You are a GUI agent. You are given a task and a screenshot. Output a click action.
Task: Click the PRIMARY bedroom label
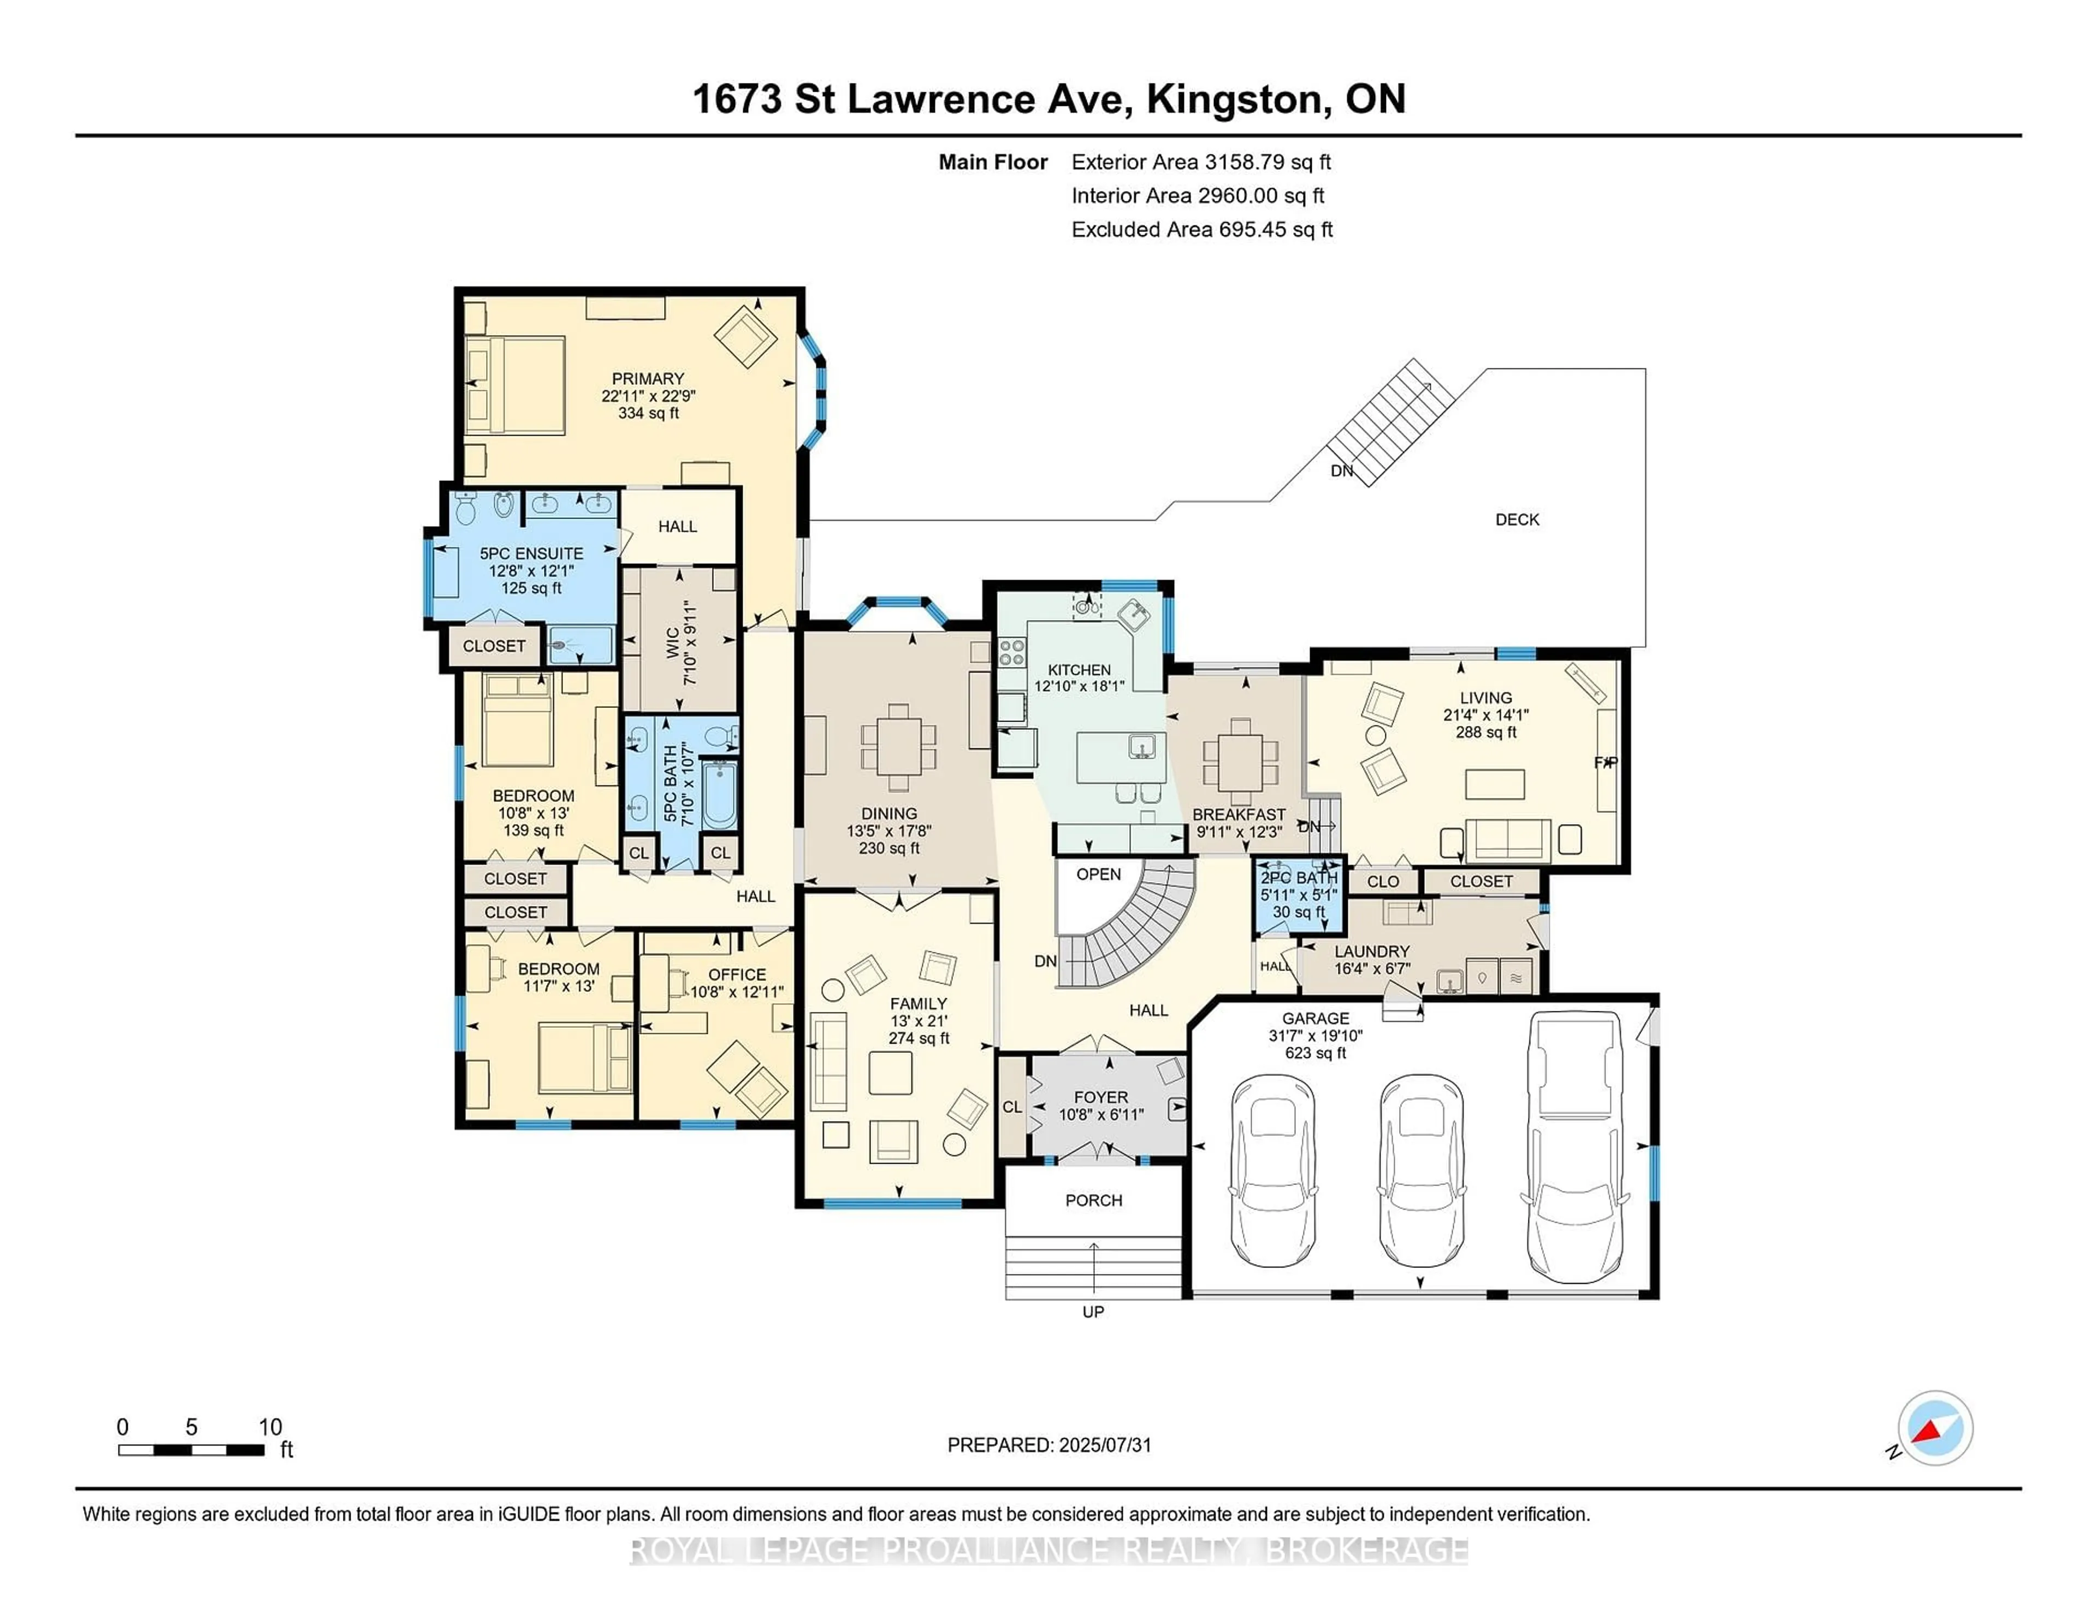tap(648, 379)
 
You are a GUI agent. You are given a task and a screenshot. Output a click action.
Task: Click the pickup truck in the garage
tap(1575, 1147)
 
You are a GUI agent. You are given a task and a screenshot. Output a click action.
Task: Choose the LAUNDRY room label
tap(1371, 951)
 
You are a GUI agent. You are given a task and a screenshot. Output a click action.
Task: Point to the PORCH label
tap(1094, 1201)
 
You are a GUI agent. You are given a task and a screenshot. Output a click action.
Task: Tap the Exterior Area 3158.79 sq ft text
tap(1200, 162)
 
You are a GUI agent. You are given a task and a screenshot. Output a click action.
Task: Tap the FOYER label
tap(1100, 1097)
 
